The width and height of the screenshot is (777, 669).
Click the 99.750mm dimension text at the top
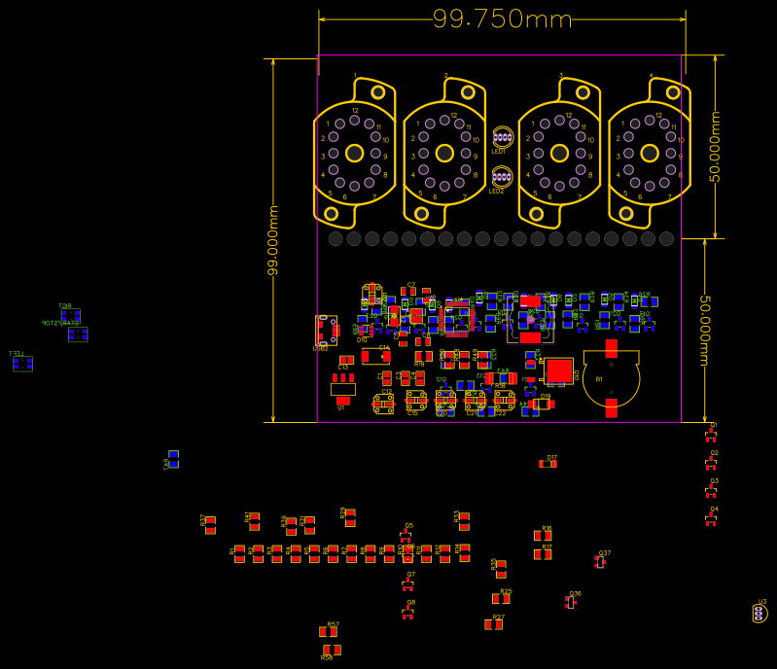point(502,18)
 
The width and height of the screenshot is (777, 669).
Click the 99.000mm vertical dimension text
point(273,240)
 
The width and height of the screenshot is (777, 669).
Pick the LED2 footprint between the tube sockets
point(503,177)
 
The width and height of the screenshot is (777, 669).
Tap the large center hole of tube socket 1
point(354,153)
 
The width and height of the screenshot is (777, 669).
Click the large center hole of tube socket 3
point(559,153)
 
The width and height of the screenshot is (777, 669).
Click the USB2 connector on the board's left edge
point(326,330)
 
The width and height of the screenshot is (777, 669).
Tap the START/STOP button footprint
point(78,334)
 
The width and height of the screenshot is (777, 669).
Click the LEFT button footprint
point(22,364)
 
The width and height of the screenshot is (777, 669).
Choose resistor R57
point(328,632)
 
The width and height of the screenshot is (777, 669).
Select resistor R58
point(332,650)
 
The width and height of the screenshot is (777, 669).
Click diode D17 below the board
point(548,464)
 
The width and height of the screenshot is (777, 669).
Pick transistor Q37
point(600,561)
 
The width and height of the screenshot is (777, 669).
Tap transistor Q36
point(571,602)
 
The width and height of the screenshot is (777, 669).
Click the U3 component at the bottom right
point(759,613)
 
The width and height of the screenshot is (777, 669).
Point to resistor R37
point(210,525)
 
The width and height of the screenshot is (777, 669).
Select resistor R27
point(494,624)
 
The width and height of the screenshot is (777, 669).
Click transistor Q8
point(407,613)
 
